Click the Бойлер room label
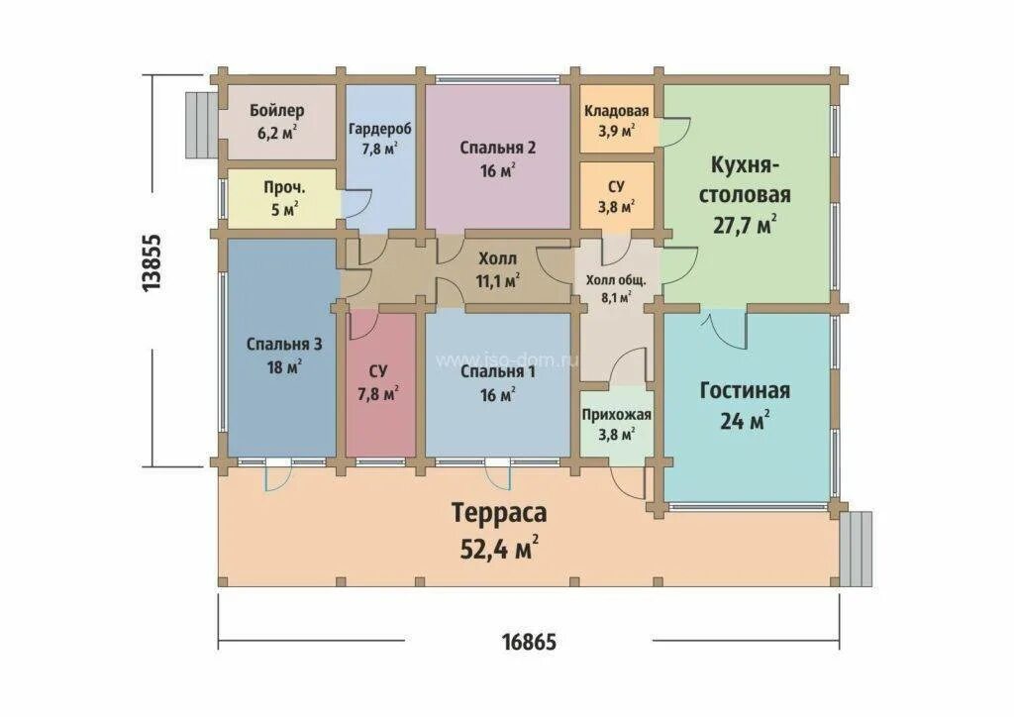tap(277, 111)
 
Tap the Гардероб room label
tap(380, 130)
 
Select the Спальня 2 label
tap(498, 149)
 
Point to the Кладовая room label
tap(616, 111)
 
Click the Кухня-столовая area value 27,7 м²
tap(745, 225)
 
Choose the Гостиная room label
tap(745, 391)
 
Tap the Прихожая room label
tap(616, 415)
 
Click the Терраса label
tap(499, 512)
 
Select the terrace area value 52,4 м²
tap(499, 549)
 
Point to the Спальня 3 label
tap(284, 345)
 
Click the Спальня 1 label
tap(498, 372)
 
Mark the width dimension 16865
tap(529, 642)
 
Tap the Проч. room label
tap(284, 188)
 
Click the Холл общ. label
tap(616, 280)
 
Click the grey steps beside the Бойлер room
tap(201, 126)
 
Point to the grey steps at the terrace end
tap(856, 549)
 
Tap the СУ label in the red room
tap(378, 371)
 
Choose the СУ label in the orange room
tap(616, 186)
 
